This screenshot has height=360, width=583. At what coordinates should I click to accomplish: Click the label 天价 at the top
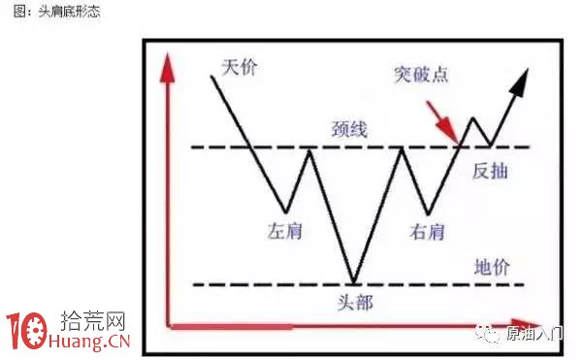click(x=238, y=67)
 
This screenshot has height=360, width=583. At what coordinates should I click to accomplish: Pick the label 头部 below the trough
click(x=355, y=301)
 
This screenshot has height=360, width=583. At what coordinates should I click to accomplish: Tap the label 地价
click(x=492, y=267)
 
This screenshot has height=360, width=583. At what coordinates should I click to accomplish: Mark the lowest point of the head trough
click(x=355, y=282)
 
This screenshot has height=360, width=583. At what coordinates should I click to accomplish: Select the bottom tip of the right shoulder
click(x=428, y=213)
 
